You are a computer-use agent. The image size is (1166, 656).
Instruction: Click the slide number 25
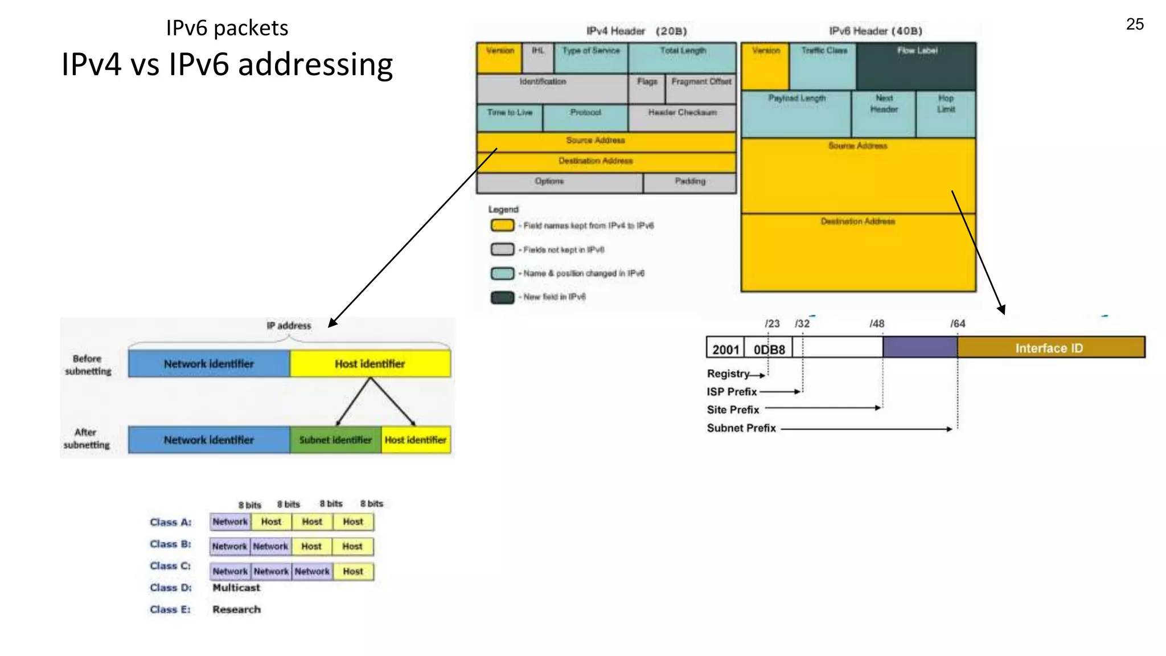tap(1135, 24)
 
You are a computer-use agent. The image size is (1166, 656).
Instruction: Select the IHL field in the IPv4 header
tap(538, 57)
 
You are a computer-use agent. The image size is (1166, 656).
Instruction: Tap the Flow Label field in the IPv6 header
tap(917, 65)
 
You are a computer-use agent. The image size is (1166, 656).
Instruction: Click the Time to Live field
tap(510, 117)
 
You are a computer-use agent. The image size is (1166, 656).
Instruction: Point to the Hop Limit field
tap(946, 113)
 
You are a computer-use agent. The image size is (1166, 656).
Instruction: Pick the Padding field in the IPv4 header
tap(690, 183)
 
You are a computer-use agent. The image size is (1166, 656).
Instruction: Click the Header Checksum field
tap(682, 117)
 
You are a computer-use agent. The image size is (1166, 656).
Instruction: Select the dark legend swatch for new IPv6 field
tap(502, 297)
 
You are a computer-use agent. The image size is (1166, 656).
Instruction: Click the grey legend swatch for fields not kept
tap(502, 249)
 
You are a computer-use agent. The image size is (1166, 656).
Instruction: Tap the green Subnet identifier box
tap(335, 440)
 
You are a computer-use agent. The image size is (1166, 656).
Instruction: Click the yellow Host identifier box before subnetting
tap(370, 364)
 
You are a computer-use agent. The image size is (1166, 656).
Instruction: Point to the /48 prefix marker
tap(877, 323)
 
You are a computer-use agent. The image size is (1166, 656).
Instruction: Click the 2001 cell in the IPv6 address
tap(725, 349)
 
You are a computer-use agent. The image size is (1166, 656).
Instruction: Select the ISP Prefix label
tap(732, 392)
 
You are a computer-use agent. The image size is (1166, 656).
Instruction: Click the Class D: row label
tap(171, 588)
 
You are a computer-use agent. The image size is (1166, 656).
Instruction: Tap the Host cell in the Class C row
tap(353, 571)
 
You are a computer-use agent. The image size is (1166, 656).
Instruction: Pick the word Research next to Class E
tap(237, 609)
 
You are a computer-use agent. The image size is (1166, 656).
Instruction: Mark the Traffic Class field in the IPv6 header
tap(823, 65)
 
